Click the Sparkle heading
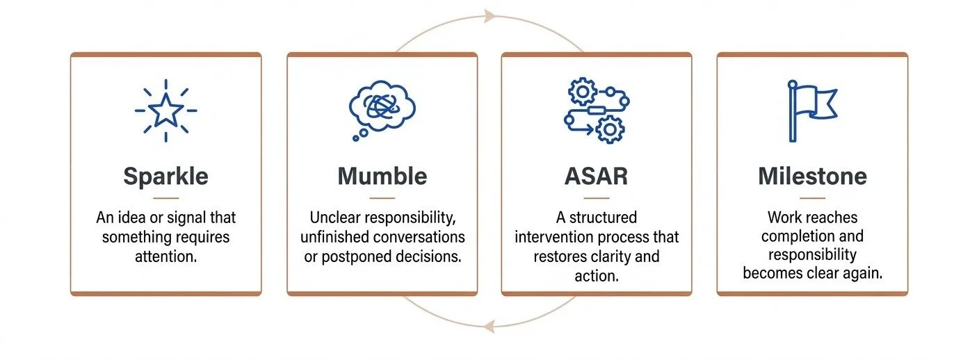[165, 177]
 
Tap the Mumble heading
[382, 177]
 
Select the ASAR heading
[596, 177]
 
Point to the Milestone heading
[812, 177]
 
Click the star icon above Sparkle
[165, 111]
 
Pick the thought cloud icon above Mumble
[382, 109]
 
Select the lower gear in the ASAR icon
[610, 129]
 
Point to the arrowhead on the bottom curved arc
[491, 325]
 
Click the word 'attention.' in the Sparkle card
[165, 256]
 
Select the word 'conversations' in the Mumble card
[423, 237]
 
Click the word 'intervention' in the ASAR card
[556, 237]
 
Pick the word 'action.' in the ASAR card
[596, 276]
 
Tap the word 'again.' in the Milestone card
[862, 273]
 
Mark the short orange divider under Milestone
[812, 198]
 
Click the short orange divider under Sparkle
[165, 198]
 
